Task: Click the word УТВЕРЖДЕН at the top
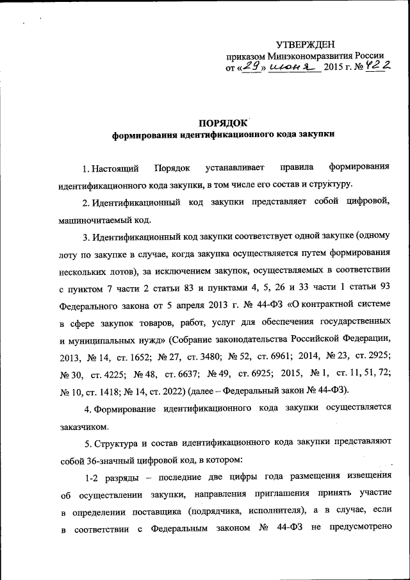click(x=306, y=44)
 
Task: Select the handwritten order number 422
click(x=380, y=65)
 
